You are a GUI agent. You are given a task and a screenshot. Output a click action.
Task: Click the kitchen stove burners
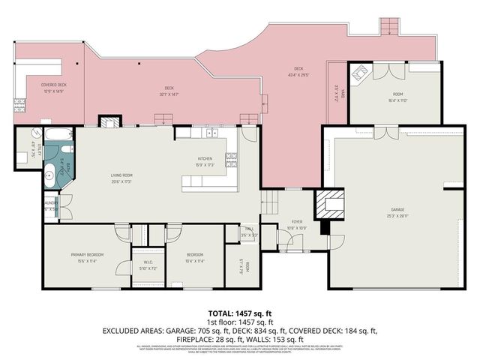[x=232, y=158]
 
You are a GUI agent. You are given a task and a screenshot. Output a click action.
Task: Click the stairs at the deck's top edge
[x=390, y=26]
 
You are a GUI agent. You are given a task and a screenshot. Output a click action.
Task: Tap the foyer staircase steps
[x=271, y=201]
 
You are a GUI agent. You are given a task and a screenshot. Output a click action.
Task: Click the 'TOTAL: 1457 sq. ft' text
[x=239, y=313]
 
